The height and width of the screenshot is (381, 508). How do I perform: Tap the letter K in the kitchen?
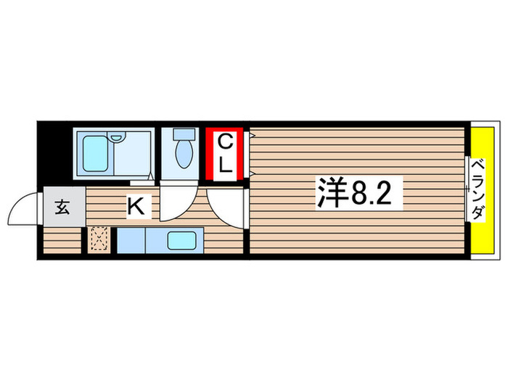[136, 208]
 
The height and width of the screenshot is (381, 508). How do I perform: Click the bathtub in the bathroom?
[94, 152]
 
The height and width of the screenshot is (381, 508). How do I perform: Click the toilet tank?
[184, 135]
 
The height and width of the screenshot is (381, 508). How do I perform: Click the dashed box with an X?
[99, 239]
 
